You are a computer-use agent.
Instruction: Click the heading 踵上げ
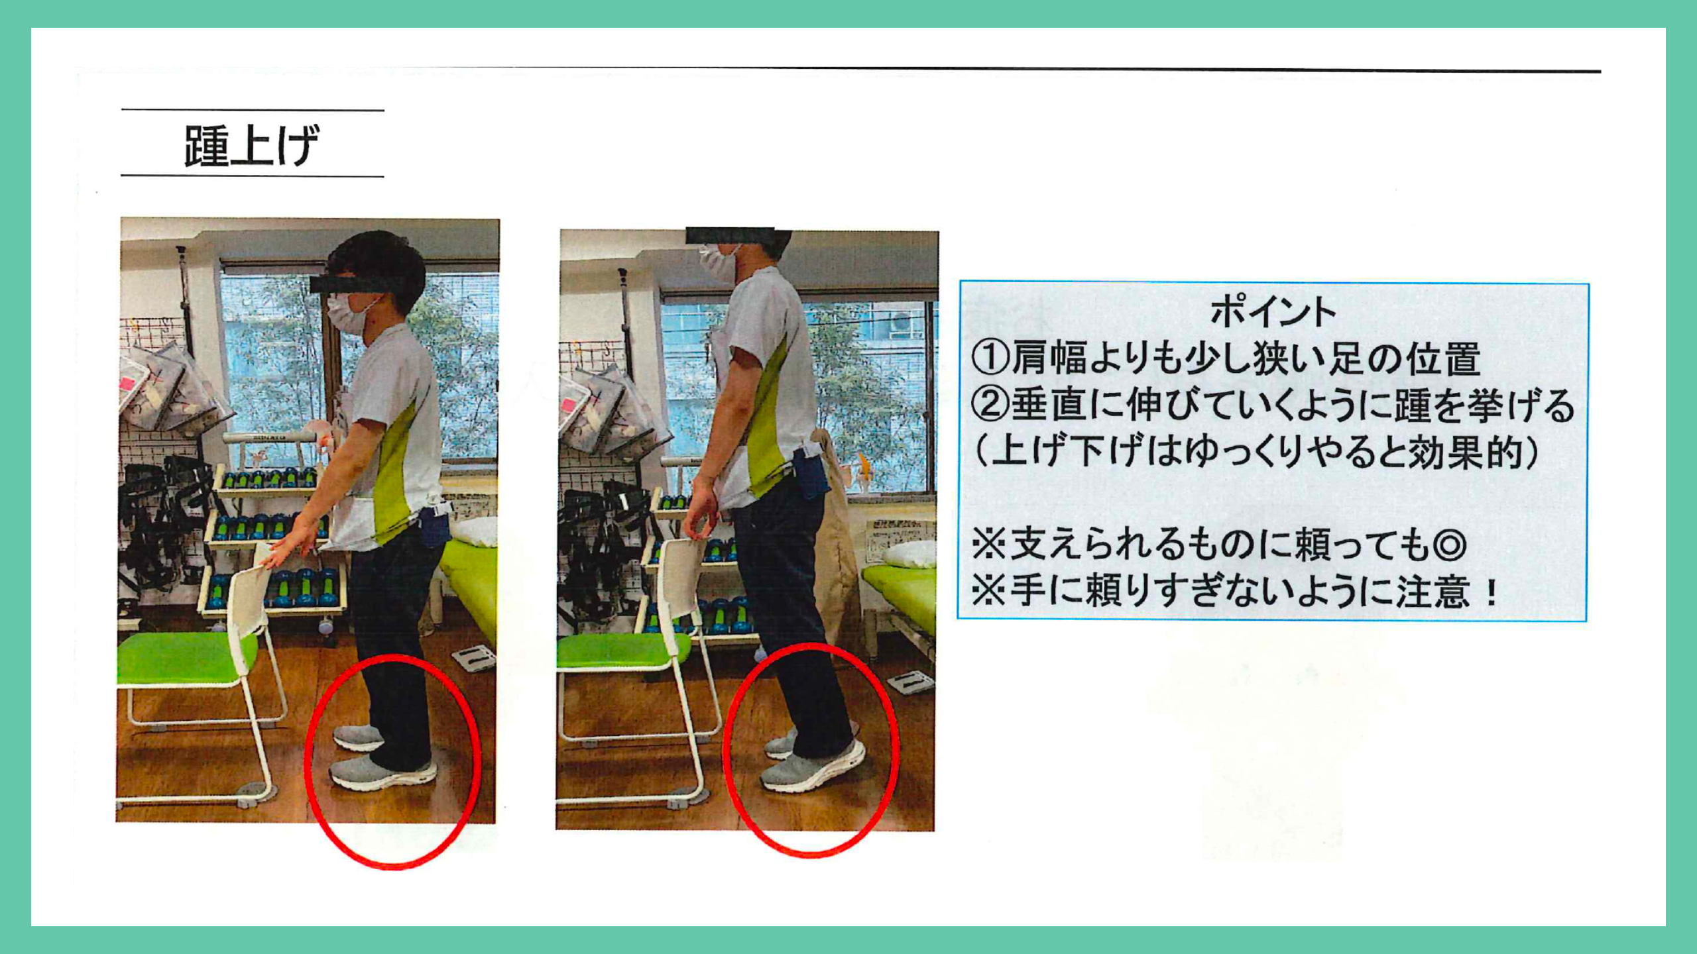252,146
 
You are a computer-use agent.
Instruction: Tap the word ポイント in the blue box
1273,311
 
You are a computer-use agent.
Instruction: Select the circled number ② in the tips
990,405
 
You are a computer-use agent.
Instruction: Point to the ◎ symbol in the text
1449,545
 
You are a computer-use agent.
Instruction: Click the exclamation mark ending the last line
1492,592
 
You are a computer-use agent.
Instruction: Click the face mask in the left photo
349,315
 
